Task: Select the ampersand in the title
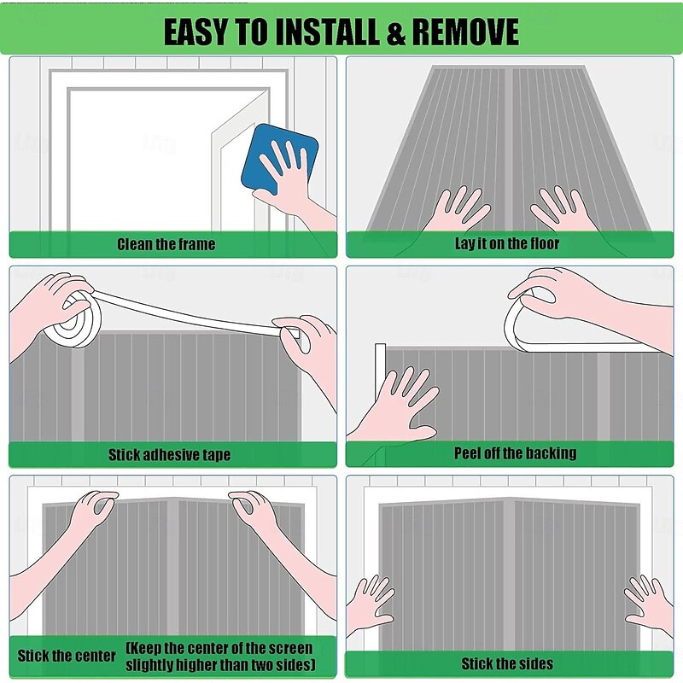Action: pyautogui.click(x=395, y=32)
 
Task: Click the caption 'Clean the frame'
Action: pyautogui.click(x=166, y=244)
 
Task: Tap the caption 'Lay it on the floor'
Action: pyautogui.click(x=507, y=243)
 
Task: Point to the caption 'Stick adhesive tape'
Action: pyautogui.click(x=169, y=455)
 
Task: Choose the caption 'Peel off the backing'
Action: pyautogui.click(x=516, y=453)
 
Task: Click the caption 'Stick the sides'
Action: pyautogui.click(x=507, y=663)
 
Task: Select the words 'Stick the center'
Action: pyautogui.click(x=67, y=656)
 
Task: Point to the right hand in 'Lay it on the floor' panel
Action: pyautogui.click(x=563, y=210)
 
